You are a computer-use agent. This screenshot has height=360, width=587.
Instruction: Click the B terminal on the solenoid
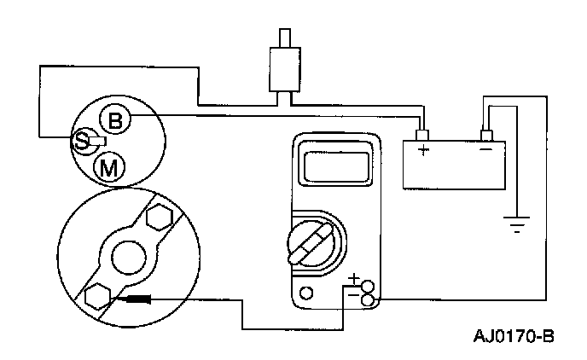point(115,120)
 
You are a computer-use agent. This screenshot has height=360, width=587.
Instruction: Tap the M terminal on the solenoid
point(108,167)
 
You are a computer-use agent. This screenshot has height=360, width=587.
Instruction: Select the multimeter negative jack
point(369,299)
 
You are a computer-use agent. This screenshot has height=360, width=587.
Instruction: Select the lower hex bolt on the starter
point(96,294)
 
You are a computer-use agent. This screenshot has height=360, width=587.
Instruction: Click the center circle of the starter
point(129,255)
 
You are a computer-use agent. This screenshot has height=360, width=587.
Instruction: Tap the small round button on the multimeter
point(306,293)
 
